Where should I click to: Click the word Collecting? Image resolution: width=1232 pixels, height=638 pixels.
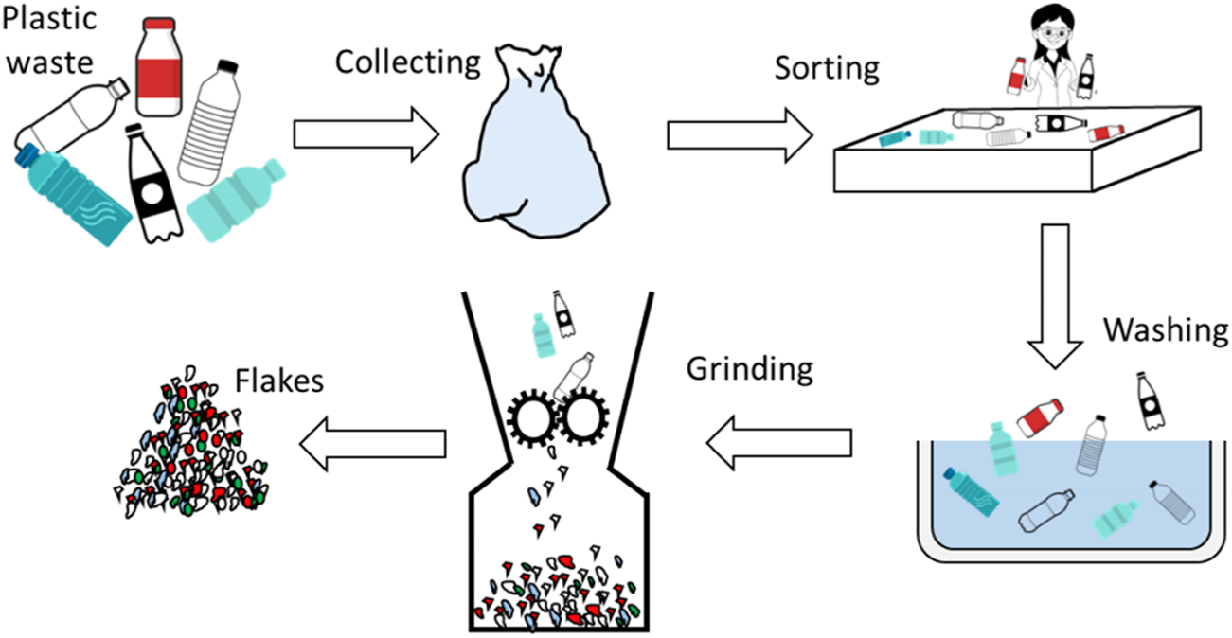point(408,64)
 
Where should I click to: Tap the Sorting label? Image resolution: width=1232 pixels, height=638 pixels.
point(827,68)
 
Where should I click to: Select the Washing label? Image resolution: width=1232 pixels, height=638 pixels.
point(1166,331)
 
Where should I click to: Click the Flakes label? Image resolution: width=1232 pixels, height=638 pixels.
point(279,381)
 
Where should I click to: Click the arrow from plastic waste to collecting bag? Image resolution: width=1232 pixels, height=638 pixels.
point(366,133)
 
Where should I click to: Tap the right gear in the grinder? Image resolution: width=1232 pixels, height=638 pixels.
point(586,416)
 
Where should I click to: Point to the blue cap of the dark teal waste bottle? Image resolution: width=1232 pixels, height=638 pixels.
point(27,154)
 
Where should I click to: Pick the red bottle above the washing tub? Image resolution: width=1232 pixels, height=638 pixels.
point(1040,416)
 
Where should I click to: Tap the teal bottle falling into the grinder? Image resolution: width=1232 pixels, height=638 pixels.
point(542,336)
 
